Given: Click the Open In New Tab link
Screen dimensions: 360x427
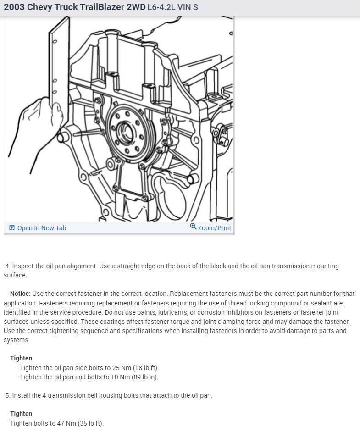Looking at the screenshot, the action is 41,228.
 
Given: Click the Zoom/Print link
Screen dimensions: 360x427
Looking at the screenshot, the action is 214,228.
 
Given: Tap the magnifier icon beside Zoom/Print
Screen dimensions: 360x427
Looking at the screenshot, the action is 193,227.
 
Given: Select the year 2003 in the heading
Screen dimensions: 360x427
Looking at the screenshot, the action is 14,7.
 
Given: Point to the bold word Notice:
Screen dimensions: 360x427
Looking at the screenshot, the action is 20,294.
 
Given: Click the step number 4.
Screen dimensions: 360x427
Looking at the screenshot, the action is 7,266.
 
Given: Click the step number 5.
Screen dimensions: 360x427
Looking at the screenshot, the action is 7,395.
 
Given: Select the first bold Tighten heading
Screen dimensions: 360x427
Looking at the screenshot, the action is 21,358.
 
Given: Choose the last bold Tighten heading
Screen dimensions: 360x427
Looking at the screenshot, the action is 21,414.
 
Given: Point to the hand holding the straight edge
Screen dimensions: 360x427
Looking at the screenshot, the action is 34,124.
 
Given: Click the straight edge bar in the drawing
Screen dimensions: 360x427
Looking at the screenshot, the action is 59,64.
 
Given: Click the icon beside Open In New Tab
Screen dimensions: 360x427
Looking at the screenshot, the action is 12,228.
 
